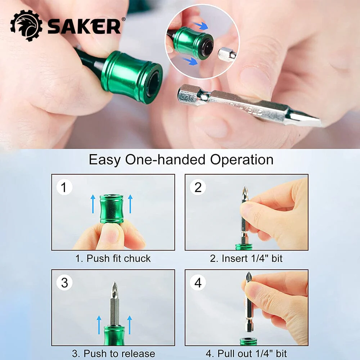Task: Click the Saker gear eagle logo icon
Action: click(26, 26)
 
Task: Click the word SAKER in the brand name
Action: click(84, 26)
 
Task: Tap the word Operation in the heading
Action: click(242, 160)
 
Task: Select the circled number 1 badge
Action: click(64, 187)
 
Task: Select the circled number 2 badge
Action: click(198, 187)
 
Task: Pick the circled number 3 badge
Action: click(64, 282)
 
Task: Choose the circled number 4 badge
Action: click(198, 282)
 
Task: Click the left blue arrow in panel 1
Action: click(93, 204)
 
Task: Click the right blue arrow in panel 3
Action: click(130, 325)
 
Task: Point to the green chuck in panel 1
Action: click(112, 209)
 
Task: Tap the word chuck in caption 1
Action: click(137, 258)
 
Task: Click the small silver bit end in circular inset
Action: click(227, 54)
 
